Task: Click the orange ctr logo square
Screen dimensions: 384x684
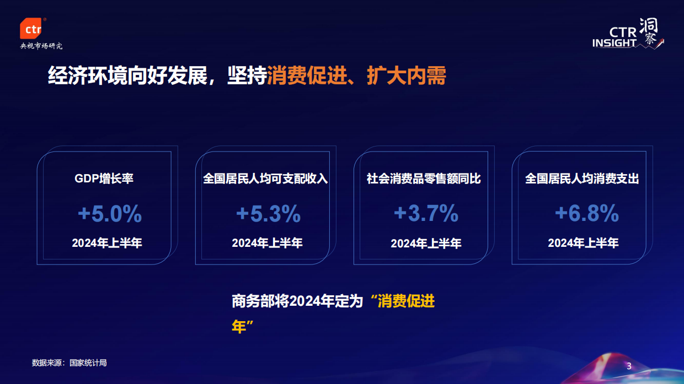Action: (x=30, y=29)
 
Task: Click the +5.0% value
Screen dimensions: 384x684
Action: (x=110, y=214)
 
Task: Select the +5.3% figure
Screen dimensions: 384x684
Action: (x=268, y=214)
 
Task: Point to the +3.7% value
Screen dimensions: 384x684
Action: (x=426, y=213)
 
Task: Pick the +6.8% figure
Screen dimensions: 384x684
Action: (x=586, y=214)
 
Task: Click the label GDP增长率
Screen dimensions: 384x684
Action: (x=104, y=179)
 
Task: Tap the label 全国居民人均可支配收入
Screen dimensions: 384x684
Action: (x=265, y=179)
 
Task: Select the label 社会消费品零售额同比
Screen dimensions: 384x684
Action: (x=424, y=179)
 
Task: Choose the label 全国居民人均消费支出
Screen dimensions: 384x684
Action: (x=582, y=179)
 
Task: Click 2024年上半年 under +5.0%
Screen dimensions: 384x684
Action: (x=107, y=243)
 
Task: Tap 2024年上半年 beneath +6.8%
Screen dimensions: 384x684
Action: (x=583, y=243)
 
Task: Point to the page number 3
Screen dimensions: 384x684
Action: (x=629, y=367)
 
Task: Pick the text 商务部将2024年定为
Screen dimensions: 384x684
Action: (x=297, y=301)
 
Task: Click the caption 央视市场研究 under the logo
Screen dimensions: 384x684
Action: (x=41, y=46)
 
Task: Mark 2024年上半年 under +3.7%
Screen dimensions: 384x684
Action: (x=426, y=244)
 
